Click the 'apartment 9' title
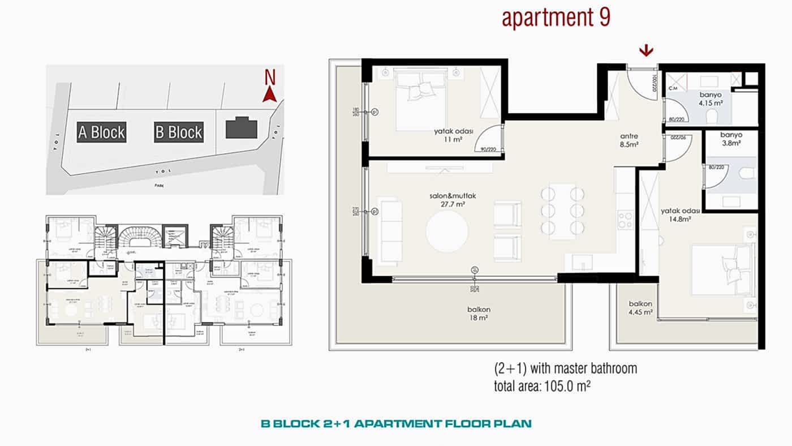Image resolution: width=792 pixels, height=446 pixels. coord(556,18)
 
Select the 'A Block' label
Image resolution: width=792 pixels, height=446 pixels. coord(102,132)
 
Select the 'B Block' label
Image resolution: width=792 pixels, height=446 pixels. coord(178,132)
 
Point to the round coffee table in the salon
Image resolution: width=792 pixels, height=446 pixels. coord(447,232)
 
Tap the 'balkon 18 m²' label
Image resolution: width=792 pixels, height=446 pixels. coord(478,314)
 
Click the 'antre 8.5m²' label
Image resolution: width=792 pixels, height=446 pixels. coord(629,140)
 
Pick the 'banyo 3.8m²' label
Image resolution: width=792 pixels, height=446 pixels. coord(730,139)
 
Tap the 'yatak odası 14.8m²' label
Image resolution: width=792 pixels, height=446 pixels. coord(681,215)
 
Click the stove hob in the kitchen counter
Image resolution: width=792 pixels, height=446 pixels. coord(625,220)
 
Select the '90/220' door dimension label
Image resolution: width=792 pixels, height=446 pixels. coord(488,150)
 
